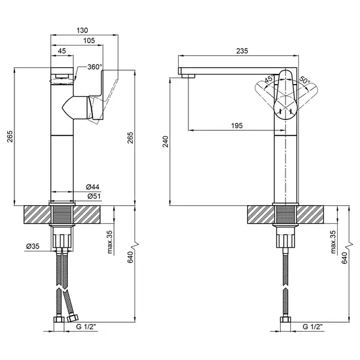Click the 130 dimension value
tap(82, 31)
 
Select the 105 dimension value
tap(89, 41)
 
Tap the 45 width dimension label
tap(62, 51)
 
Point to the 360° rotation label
tap(95, 67)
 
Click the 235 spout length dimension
tap(242, 51)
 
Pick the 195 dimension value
tap(237, 125)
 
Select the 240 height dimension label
tap(166, 142)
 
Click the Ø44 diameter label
tap(93, 187)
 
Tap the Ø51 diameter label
tap(94, 196)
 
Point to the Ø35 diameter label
tap(33, 247)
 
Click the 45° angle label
tap(269, 79)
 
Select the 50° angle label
tap(305, 80)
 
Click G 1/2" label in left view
tap(87, 327)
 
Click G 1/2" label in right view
tap(313, 327)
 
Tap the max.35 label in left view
tap(110, 242)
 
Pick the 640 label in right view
tap(344, 258)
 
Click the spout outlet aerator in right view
tap(188, 76)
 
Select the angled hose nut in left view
tap(73, 318)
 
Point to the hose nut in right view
tap(286, 319)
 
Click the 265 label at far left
tap(10, 136)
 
